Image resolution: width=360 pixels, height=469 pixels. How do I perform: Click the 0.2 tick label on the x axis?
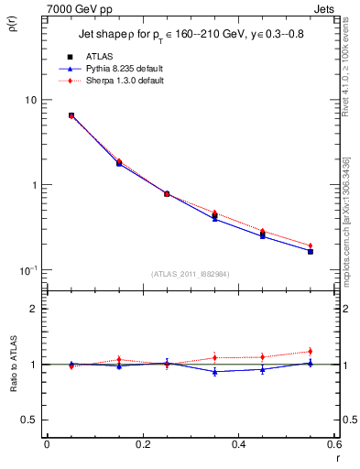coord(142,444)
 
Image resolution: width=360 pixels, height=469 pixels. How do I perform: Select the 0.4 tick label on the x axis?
coord(238,444)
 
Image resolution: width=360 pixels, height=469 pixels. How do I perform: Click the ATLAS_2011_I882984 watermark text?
coord(191,275)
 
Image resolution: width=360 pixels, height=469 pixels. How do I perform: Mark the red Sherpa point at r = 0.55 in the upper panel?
coord(311,245)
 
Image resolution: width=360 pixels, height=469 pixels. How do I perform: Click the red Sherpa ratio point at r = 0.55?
coord(311,352)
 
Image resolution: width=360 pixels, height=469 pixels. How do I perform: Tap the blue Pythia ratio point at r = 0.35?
coord(214,372)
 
